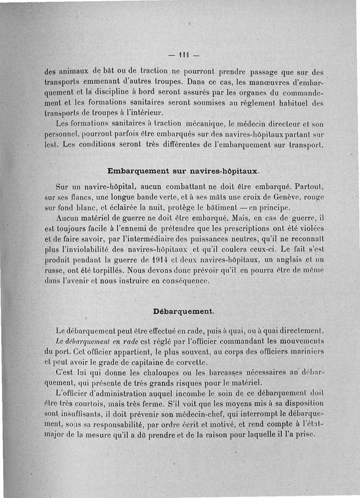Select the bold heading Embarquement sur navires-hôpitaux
pyautogui.click(x=183, y=171)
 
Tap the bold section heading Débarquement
pyautogui.click(x=184, y=312)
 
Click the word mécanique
pyautogui.click(x=202, y=123)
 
